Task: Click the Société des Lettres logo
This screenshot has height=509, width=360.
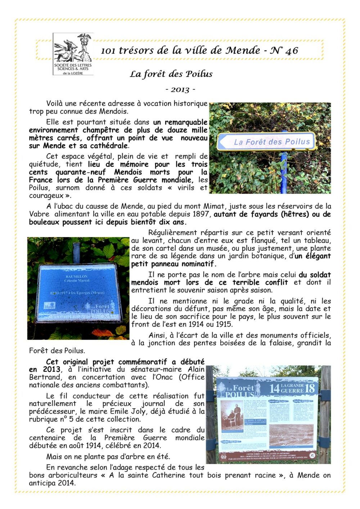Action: [73, 54]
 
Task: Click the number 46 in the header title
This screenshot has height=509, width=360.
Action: [291, 51]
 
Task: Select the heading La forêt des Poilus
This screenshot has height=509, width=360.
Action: [171, 74]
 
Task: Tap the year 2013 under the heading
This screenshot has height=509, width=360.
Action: [180, 90]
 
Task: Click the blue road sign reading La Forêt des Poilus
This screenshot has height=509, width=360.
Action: [266, 141]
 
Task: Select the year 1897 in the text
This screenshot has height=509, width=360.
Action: [201, 214]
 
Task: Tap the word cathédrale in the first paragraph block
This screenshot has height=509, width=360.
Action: [110, 146]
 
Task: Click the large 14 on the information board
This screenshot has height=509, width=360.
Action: [274, 388]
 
